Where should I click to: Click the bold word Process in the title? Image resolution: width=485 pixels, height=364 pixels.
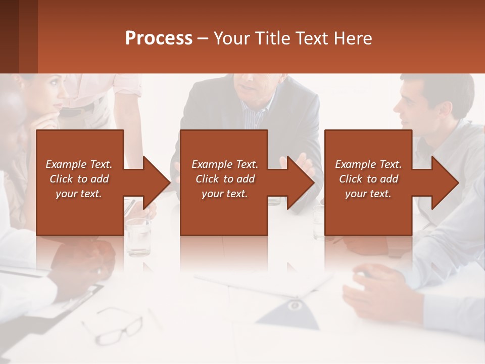159,38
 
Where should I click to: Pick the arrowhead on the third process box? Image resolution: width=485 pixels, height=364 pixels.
445,183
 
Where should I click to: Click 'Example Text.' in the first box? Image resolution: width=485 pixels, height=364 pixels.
79,164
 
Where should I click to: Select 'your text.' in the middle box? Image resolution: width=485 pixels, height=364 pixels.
224,194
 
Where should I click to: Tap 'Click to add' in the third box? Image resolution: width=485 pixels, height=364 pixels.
368,179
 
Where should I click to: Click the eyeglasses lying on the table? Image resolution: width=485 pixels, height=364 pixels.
113,326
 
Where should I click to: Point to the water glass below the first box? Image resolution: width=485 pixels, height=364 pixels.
138,237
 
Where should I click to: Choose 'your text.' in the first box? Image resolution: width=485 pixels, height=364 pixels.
79,194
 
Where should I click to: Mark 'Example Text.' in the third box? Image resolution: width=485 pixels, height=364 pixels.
368,164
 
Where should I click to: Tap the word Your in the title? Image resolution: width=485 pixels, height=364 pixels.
232,38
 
